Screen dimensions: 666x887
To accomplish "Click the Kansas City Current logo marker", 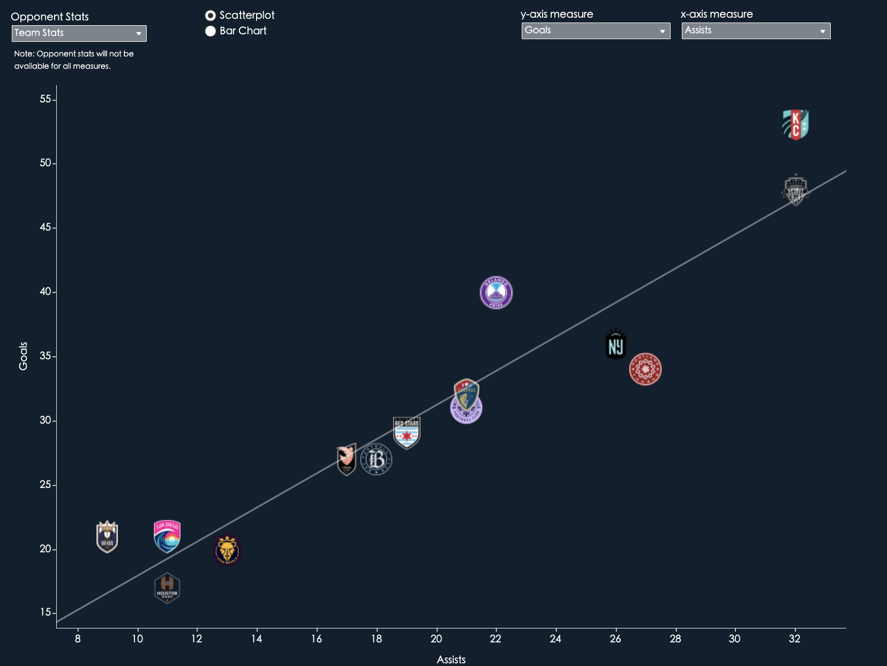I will pos(795,124).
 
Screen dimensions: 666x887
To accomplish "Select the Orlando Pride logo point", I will pos(496,293).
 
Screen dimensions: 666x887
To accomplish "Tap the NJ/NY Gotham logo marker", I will pos(616,345).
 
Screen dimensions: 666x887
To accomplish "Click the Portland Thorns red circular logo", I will pos(645,369).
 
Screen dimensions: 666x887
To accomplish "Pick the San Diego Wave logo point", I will pos(167,536).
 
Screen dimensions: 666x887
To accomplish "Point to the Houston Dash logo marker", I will pos(167,588).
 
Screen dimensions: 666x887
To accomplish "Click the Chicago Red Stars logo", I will pos(407,432).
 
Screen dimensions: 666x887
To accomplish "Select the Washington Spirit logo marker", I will pos(795,190).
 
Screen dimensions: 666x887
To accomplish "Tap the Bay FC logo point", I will pos(377,460).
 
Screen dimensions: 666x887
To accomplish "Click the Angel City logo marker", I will pos(347,460).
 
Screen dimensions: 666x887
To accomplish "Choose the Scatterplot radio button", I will pos(211,16).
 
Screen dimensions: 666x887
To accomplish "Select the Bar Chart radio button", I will pos(211,31).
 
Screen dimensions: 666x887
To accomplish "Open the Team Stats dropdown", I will pos(79,33).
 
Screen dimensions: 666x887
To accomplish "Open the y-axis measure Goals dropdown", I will pos(596,31).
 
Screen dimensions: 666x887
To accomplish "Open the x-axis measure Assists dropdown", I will pos(756,31).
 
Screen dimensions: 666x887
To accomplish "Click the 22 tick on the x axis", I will pos(495,639).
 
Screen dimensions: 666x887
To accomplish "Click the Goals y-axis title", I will pos(23,356).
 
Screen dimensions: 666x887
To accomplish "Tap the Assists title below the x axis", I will pos(451,660).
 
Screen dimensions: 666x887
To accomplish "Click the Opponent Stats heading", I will pos(50,17).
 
